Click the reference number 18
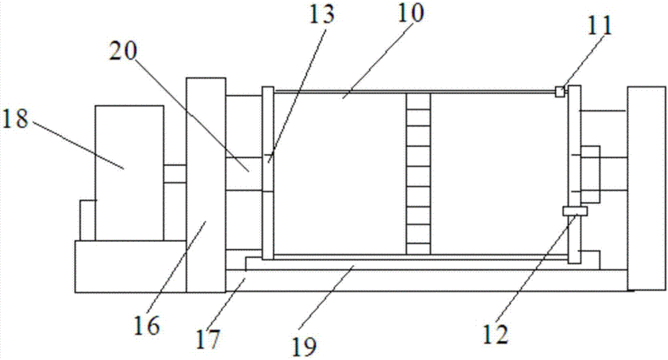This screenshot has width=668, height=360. (x=15, y=119)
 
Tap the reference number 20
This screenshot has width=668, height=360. (x=123, y=52)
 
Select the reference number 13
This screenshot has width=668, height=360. (x=321, y=14)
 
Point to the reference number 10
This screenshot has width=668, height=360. (x=411, y=13)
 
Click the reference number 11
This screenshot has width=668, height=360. (x=600, y=26)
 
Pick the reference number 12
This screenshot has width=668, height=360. (x=496, y=334)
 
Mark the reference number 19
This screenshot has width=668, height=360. (x=304, y=346)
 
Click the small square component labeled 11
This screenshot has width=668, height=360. (x=560, y=91)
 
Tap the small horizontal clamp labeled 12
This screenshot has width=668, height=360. (x=575, y=211)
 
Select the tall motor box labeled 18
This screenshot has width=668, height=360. (x=129, y=173)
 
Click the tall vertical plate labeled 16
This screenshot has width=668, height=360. (x=206, y=185)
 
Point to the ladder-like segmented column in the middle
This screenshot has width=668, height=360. (x=418, y=174)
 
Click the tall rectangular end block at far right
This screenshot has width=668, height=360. (x=646, y=189)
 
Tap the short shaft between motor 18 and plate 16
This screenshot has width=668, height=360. (x=175, y=174)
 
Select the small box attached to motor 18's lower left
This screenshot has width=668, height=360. (x=87, y=220)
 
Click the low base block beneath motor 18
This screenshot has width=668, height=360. (x=130, y=266)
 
